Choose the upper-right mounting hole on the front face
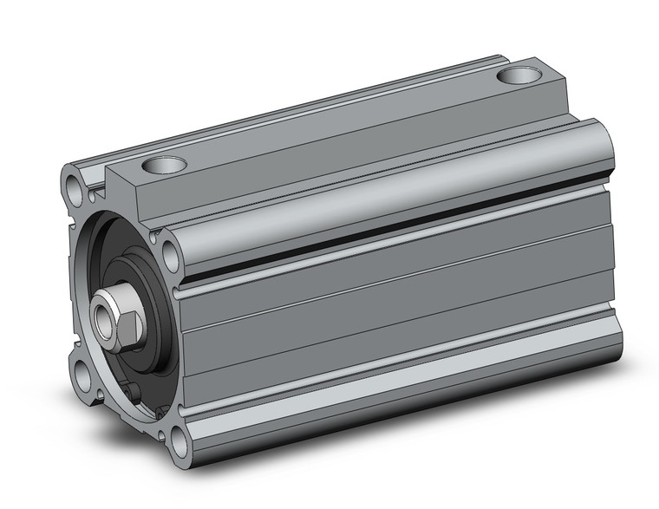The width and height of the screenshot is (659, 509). [x=170, y=254]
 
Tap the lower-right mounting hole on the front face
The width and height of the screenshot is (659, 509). [x=180, y=442]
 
